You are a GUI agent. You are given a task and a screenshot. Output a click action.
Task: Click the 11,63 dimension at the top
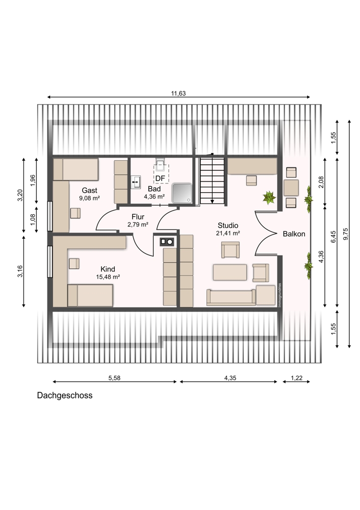[178, 94]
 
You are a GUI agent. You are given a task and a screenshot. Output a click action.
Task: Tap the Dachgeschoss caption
[65, 396]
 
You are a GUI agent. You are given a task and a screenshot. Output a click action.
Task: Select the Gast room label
[89, 191]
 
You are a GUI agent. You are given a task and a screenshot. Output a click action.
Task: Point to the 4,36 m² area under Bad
[154, 196]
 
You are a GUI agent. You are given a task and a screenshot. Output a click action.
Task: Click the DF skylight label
[160, 178]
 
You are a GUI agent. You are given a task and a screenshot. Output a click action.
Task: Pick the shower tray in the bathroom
[183, 193]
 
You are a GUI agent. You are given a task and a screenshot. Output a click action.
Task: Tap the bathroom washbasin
[136, 182]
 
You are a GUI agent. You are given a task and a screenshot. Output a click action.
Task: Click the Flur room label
[138, 217]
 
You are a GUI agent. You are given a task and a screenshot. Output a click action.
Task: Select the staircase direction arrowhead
[212, 201]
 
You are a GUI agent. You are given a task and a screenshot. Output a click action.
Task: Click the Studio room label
[228, 225]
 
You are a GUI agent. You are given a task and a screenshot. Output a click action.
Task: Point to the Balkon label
[294, 234]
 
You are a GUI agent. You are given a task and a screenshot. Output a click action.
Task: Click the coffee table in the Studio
[230, 272]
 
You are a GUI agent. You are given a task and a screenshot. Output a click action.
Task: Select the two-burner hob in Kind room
[167, 242]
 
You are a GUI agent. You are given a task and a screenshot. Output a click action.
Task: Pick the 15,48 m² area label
[108, 277]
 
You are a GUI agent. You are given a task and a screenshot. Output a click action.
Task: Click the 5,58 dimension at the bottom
[114, 378]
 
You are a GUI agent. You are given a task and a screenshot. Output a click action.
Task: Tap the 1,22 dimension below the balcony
[296, 378]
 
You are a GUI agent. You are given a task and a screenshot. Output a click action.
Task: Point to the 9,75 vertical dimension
[345, 234]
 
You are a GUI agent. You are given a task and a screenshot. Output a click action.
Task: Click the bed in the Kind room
[90, 295]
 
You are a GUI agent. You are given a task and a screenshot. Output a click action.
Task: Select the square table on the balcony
[291, 188]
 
